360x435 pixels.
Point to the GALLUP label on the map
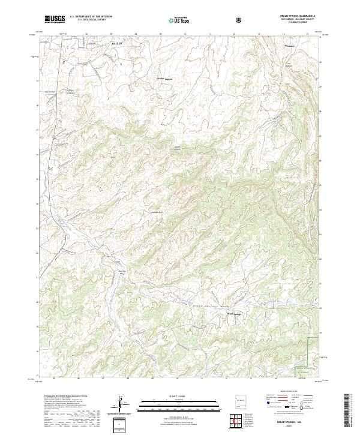click(116, 44)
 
